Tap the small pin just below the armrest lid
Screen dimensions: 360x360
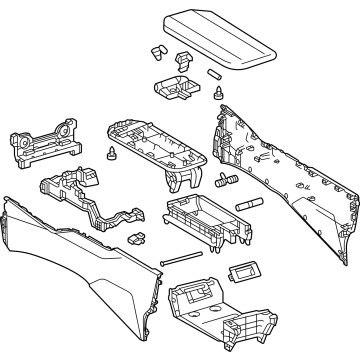(x=213, y=74)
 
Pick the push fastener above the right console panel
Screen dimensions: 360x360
(x=217, y=94)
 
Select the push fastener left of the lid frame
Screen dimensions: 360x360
(x=109, y=154)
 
